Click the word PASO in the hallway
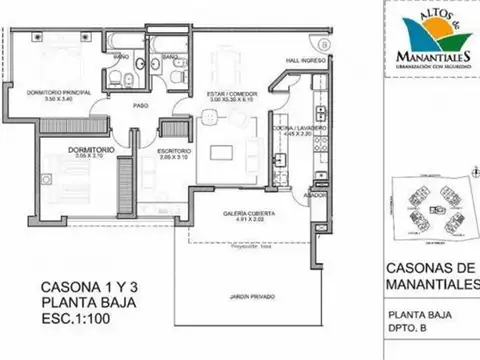[x=143, y=106]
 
